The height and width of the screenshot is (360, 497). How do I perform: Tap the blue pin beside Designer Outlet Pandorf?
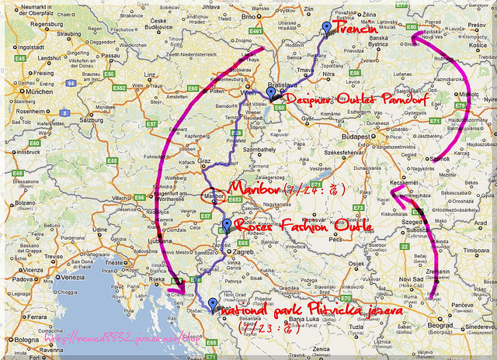click(x=270, y=93)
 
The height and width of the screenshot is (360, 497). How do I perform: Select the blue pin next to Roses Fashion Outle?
click(x=226, y=225)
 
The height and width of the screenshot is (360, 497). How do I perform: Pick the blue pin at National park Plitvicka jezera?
click(x=213, y=292)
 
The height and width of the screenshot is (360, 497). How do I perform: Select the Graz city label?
click(x=206, y=161)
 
